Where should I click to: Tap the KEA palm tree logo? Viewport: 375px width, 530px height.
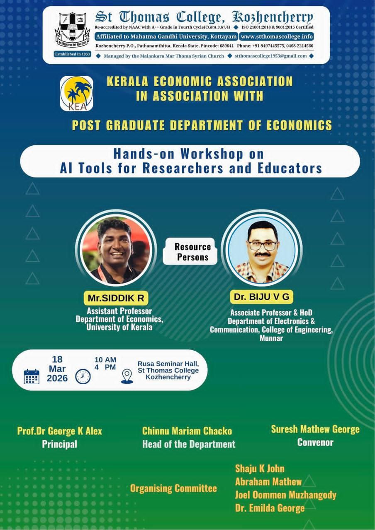76,94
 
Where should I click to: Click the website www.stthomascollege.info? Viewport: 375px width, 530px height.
277,36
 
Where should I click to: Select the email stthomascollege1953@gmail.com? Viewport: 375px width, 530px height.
270,56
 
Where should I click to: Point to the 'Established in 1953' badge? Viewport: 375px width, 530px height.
73,54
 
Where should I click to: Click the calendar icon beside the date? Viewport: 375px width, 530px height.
32,376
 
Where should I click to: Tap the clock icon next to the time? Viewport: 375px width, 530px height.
83,376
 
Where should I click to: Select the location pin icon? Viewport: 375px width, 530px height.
127,376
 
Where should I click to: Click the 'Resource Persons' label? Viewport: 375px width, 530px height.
192,252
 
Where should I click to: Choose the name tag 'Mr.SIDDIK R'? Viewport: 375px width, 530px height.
116,298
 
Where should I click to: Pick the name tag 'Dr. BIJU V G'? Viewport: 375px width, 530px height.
261,297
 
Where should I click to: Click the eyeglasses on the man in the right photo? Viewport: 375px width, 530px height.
262,246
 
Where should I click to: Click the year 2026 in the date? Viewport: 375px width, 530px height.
57,378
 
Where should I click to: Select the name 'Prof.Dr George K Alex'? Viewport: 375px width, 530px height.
59,431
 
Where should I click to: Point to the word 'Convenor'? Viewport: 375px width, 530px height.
315,442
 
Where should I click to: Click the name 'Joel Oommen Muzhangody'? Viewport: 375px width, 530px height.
286,495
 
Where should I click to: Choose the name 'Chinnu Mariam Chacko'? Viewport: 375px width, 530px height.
187,431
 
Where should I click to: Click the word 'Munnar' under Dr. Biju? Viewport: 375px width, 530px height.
271,338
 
